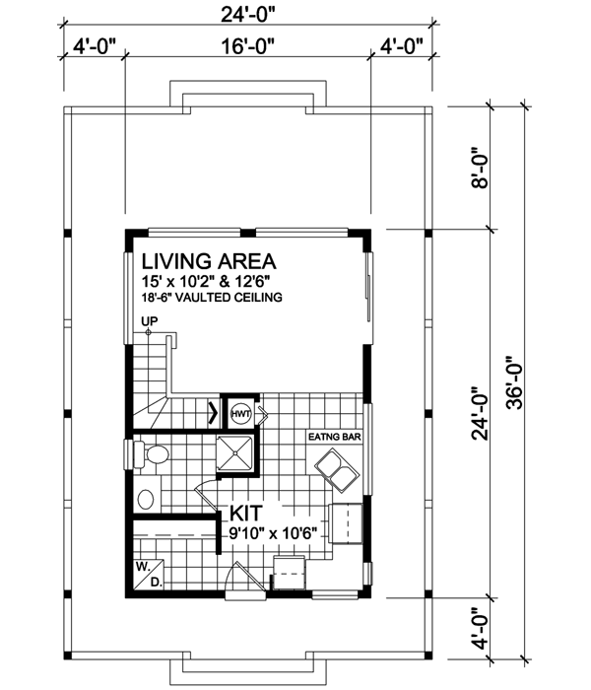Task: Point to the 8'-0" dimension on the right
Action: pos(480,168)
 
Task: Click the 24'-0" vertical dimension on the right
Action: pos(480,413)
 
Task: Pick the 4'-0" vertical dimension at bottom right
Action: pos(480,626)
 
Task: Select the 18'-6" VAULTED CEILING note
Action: pos(212,297)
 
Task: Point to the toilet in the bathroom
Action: pos(151,455)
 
